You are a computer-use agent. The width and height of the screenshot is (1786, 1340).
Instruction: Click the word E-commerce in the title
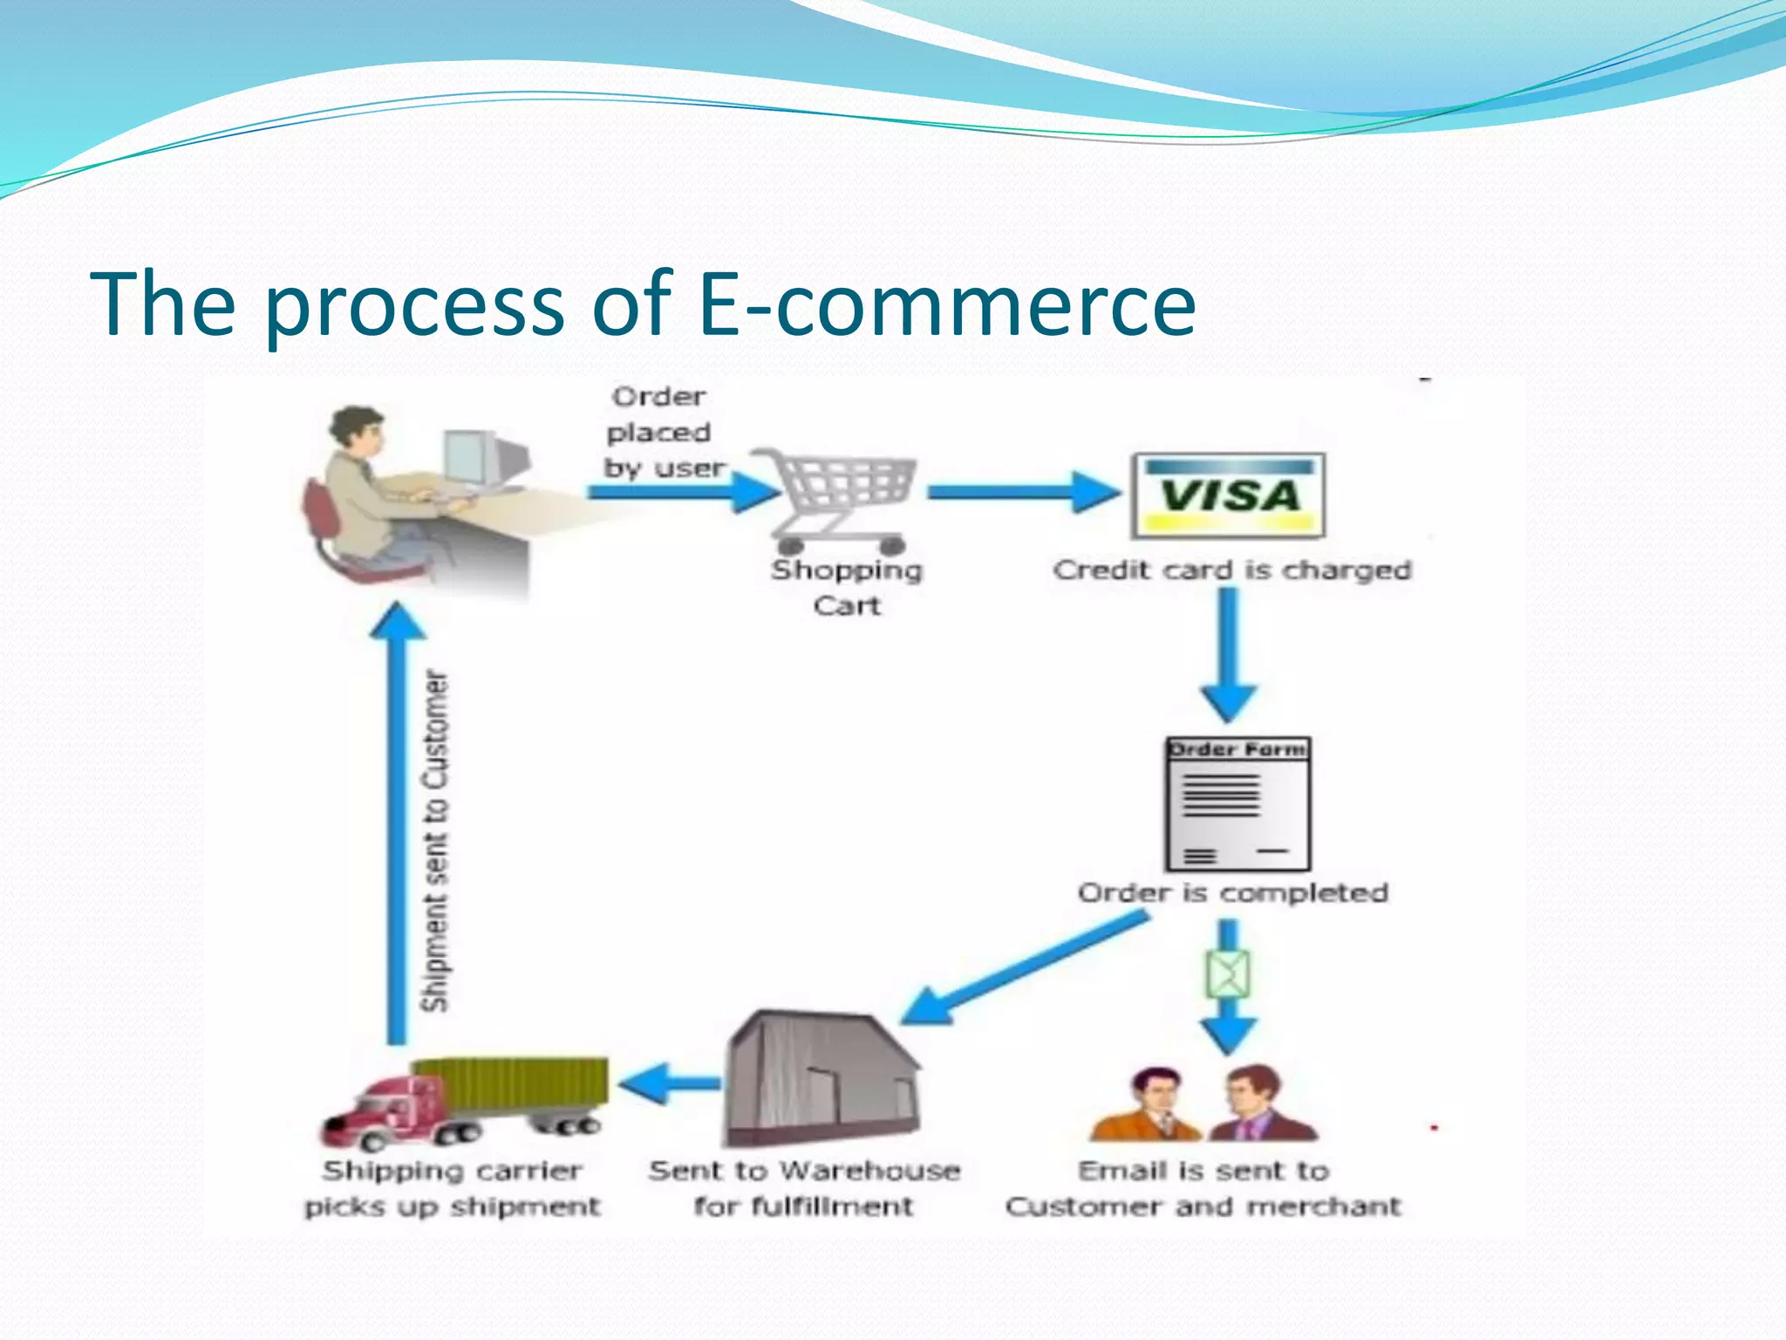(946, 304)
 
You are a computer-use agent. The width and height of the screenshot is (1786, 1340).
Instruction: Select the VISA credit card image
(1228, 496)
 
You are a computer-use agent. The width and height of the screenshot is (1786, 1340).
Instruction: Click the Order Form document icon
(1237, 803)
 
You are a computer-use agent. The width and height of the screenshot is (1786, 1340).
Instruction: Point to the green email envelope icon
(1228, 974)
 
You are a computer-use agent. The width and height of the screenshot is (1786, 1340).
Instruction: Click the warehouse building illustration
(821, 1080)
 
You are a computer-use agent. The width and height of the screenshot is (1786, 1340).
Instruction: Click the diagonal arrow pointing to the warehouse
(1025, 968)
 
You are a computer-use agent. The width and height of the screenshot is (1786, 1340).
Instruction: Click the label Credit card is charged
(1231, 570)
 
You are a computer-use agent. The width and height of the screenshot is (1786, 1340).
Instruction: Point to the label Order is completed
(1232, 892)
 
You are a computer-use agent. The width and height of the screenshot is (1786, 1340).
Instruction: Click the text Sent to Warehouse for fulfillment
(803, 1187)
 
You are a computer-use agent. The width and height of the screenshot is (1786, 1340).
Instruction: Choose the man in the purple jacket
(1260, 1106)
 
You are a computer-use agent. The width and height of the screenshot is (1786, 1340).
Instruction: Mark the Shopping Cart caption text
(846, 587)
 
